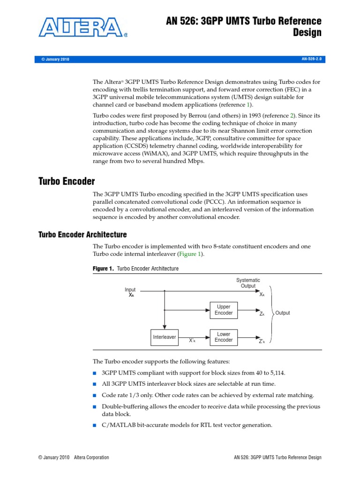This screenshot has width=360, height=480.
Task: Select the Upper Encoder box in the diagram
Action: (223, 309)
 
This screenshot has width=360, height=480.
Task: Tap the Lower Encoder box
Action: (223, 337)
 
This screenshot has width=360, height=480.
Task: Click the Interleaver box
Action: (165, 337)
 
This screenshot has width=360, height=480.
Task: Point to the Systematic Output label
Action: (248, 283)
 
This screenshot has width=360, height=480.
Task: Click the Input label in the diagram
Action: (130, 290)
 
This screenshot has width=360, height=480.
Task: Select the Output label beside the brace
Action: (282, 313)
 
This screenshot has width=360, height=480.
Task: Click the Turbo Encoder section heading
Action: (66, 181)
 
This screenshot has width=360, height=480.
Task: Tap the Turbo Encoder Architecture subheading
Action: (82, 234)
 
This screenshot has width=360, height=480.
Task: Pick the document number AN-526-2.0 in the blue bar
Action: (313, 59)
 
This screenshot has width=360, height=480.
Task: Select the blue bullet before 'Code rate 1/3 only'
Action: (95, 396)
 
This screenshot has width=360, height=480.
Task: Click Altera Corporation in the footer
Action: (91, 457)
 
